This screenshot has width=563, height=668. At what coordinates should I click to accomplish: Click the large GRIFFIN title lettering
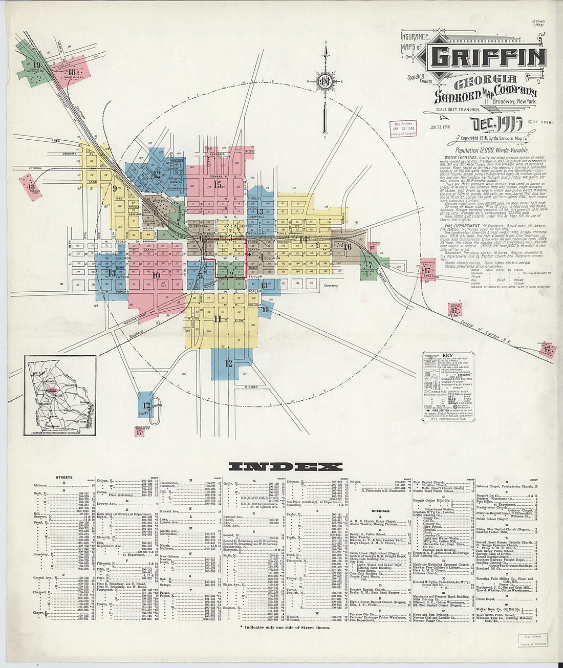pos(487,57)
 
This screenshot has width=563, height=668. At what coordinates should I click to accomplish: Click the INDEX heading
pos(285,466)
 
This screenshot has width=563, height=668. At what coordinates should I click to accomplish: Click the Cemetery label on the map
pos(331,285)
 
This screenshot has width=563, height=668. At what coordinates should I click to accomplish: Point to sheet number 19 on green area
pos(36,65)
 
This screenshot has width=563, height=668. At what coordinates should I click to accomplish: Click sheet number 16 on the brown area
pos(348,247)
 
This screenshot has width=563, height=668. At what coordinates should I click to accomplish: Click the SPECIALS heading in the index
pos(380,510)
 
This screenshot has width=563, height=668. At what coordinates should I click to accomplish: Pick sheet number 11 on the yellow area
pos(218,318)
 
